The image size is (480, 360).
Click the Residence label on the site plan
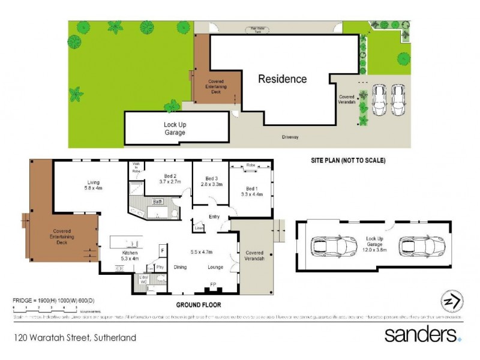[x=282, y=79]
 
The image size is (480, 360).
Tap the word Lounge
[x=216, y=266]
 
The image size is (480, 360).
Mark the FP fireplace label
[x=213, y=283]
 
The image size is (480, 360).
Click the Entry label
[x=214, y=217]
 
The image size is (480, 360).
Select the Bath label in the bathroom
[x=157, y=202]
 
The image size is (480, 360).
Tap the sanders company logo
[x=422, y=334]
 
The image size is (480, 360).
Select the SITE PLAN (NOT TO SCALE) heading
[x=347, y=161]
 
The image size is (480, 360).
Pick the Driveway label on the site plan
[x=290, y=137]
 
